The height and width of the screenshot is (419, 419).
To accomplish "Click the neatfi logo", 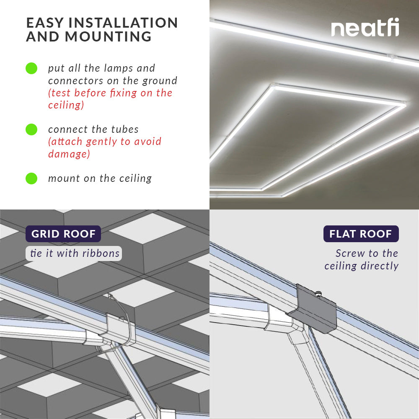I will [x=365, y=28].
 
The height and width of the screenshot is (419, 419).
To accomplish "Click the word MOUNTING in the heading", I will [x=108, y=37].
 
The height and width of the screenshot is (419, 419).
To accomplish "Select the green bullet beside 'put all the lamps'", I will [x=31, y=68].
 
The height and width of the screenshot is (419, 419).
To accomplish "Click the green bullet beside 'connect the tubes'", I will [x=31, y=129].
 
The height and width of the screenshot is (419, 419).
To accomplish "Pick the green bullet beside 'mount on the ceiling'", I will [x=31, y=178].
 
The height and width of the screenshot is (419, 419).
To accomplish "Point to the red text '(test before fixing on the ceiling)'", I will [x=110, y=99].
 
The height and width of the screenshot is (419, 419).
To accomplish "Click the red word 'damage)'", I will [x=69, y=154].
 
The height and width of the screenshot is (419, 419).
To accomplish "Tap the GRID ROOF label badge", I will [x=63, y=234].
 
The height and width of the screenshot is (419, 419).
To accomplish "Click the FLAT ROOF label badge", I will [x=361, y=234].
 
